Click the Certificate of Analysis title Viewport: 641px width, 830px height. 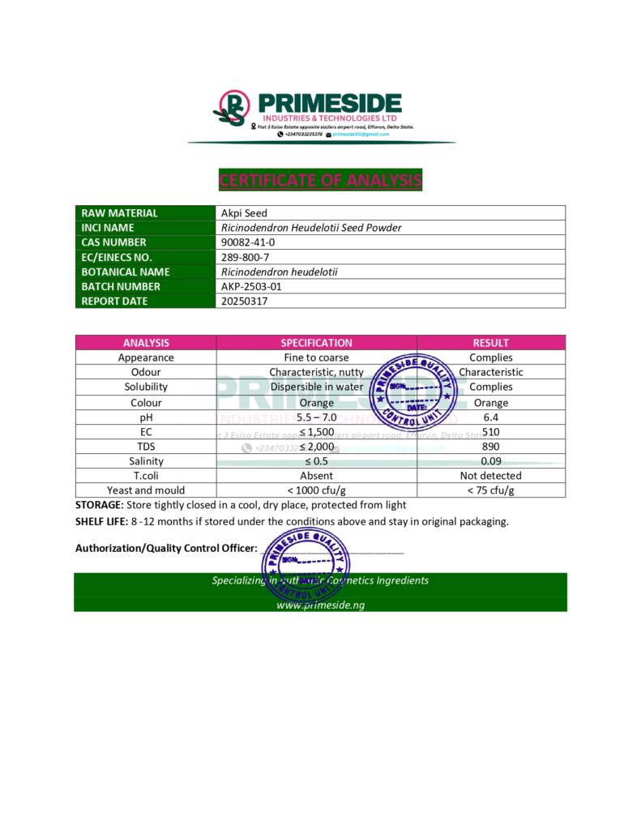(x=320, y=180)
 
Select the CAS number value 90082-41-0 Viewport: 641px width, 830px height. (x=248, y=242)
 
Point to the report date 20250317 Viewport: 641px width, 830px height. (x=244, y=301)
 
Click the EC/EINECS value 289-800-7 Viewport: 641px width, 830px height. (x=244, y=257)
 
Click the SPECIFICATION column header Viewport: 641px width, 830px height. (x=316, y=343)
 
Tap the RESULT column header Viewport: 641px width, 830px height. (x=490, y=343)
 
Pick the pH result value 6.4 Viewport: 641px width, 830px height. (x=490, y=417)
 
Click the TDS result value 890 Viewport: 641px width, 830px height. (x=490, y=446)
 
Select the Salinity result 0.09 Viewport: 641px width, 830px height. (x=490, y=461)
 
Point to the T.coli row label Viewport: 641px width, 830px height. (x=146, y=476)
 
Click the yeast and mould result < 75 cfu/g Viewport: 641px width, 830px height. (x=490, y=490)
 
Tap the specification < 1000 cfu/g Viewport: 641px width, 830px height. (x=316, y=490)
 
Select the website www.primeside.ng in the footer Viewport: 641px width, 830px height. (x=320, y=605)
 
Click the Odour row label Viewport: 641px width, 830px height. (x=146, y=372)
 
